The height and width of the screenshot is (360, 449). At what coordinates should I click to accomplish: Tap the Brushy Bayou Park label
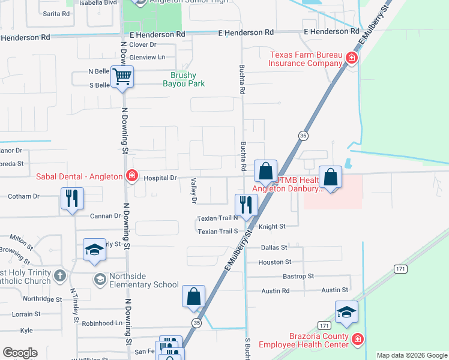click(187, 79)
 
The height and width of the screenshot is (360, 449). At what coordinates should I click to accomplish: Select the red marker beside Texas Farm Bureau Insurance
click(352, 58)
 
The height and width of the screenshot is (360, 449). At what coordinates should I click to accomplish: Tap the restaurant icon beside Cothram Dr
click(72, 199)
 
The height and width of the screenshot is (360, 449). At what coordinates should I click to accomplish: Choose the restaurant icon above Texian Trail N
click(246, 205)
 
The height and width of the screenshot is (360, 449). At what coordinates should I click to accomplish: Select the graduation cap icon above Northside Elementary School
click(94, 250)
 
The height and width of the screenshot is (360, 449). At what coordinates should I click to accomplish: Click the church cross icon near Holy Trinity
click(59, 275)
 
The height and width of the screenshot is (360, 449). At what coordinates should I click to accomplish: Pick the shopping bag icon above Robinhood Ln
click(194, 296)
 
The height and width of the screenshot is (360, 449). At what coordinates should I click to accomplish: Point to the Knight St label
click(271, 227)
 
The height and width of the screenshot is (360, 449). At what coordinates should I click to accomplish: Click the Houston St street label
click(274, 262)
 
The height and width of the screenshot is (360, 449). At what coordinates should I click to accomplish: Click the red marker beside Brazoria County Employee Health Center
click(358, 340)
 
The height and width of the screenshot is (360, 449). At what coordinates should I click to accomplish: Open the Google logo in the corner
click(20, 353)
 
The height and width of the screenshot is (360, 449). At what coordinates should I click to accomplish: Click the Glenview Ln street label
click(146, 57)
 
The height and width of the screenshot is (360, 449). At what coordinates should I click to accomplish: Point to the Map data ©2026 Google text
click(411, 355)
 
